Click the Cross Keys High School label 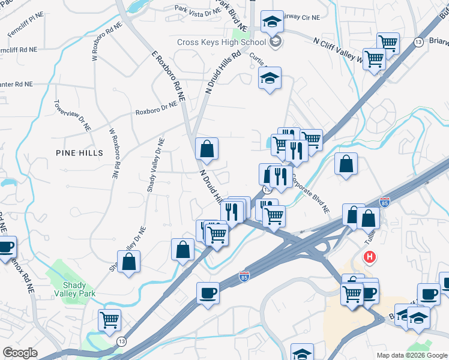click(221, 42)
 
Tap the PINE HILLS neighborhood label click(79, 152)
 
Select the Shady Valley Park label click(79, 289)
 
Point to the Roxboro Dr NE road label click(157, 108)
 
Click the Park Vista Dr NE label click(197, 10)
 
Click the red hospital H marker click(370, 257)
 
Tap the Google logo click(20, 353)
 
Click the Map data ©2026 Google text click(412, 355)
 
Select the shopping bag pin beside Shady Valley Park click(128, 262)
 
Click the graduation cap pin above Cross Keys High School click(272, 23)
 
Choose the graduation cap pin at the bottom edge click(302, 352)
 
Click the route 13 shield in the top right click(418, 41)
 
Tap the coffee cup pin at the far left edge click(5, 247)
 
